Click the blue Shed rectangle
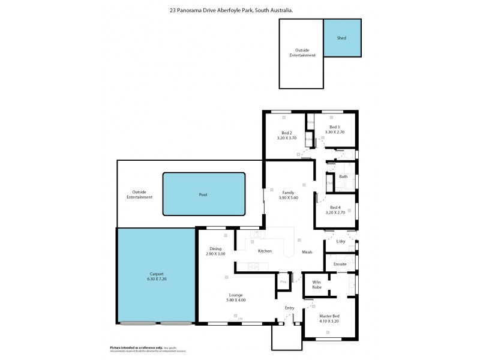pyautogui.click(x=342, y=38)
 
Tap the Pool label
pyautogui.click(x=203, y=194)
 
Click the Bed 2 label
pyautogui.click(x=287, y=133)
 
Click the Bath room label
pyautogui.click(x=343, y=176)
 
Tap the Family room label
pyautogui.click(x=288, y=192)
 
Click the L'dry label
pyautogui.click(x=341, y=241)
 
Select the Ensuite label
pyautogui.click(x=340, y=264)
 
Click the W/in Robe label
pyautogui.click(x=316, y=284)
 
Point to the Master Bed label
pyautogui.click(x=329, y=316)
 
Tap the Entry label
pyautogui.click(x=290, y=308)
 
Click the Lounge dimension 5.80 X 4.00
pyautogui.click(x=235, y=300)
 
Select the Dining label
pyautogui.click(x=216, y=249)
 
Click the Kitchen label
pyautogui.click(x=265, y=251)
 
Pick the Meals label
pyautogui.click(x=307, y=252)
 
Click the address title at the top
pyautogui.click(x=240, y=10)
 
